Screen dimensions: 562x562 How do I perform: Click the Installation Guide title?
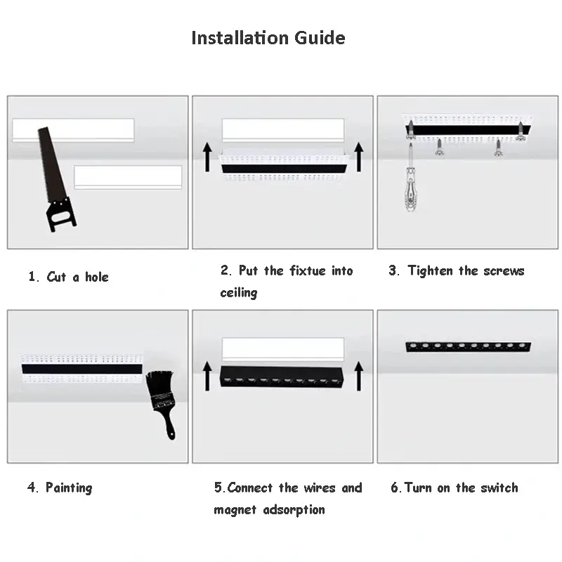click(268, 37)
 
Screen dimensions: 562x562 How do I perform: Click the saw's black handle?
click(61, 214)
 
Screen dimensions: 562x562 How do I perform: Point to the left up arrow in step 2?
click(208, 157)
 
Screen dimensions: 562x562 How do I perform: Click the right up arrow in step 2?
click(359, 157)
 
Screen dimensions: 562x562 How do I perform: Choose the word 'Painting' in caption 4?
click(69, 488)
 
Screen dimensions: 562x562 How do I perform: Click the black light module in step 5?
click(282, 379)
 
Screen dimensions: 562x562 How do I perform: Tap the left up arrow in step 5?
click(208, 376)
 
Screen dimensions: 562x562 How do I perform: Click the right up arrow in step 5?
click(359, 376)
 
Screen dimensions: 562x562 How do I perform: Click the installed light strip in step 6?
click(469, 346)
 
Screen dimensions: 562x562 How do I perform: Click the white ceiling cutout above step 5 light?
click(283, 348)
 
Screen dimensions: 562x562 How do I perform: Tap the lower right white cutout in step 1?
click(128, 177)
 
